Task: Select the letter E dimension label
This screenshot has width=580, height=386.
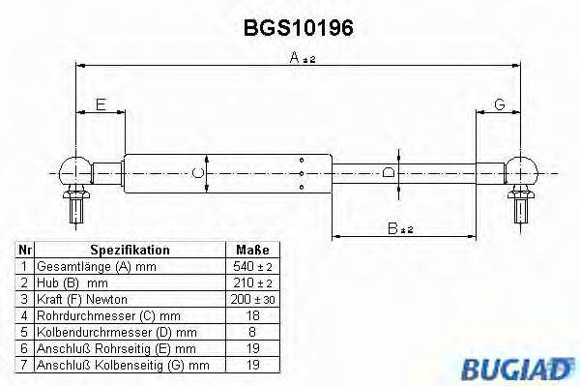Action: pos(100,105)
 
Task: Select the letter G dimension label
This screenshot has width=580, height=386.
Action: pos(500,105)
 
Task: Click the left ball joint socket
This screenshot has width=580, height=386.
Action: pos(73,172)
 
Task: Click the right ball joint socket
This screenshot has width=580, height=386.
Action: pos(523,172)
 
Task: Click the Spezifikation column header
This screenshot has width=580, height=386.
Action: pos(130,250)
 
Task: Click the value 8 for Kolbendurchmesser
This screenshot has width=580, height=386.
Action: pos(251,331)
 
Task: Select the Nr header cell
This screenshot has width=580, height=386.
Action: pos(25,250)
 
